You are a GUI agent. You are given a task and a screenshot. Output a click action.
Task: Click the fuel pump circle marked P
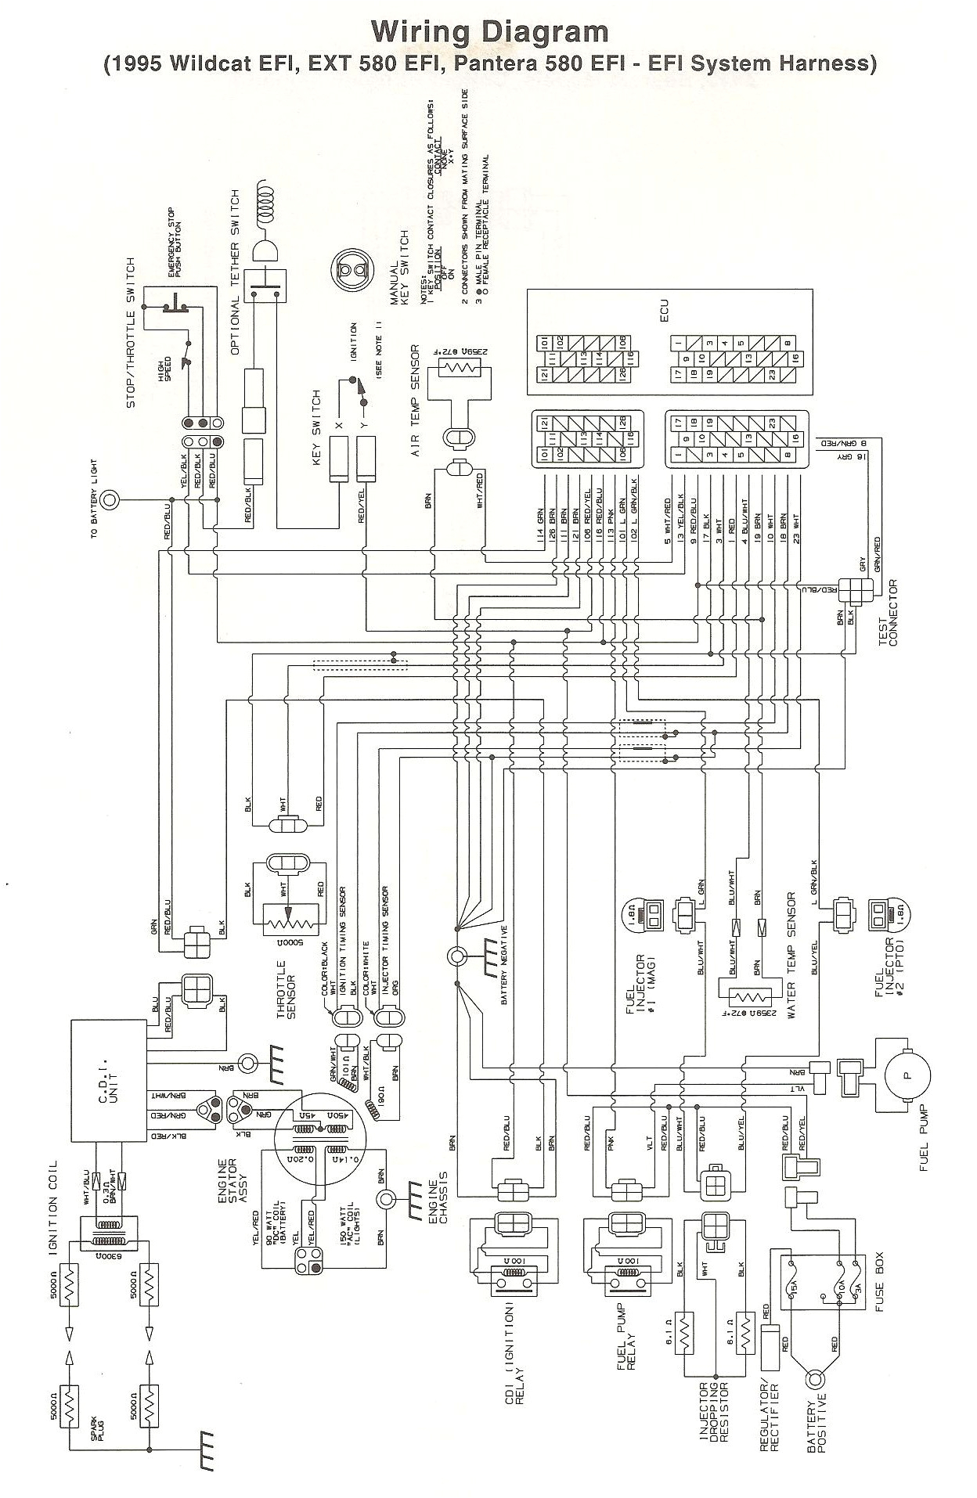[907, 1075]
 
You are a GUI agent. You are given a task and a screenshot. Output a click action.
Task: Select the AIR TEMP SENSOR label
[416, 402]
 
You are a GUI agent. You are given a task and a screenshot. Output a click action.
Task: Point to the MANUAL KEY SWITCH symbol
[351, 272]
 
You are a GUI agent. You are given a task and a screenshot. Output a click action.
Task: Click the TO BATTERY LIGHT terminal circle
[111, 499]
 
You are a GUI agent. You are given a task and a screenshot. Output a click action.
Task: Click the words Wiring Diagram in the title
[489, 31]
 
